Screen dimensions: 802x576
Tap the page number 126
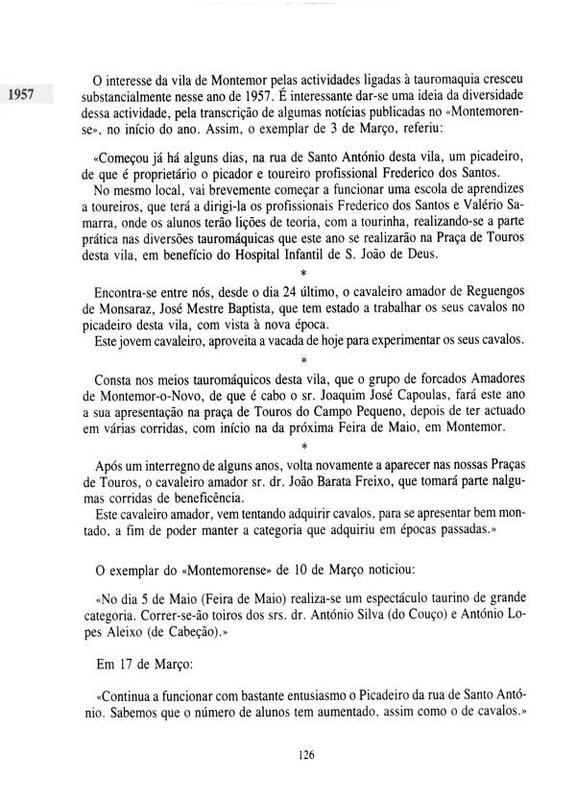306,754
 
